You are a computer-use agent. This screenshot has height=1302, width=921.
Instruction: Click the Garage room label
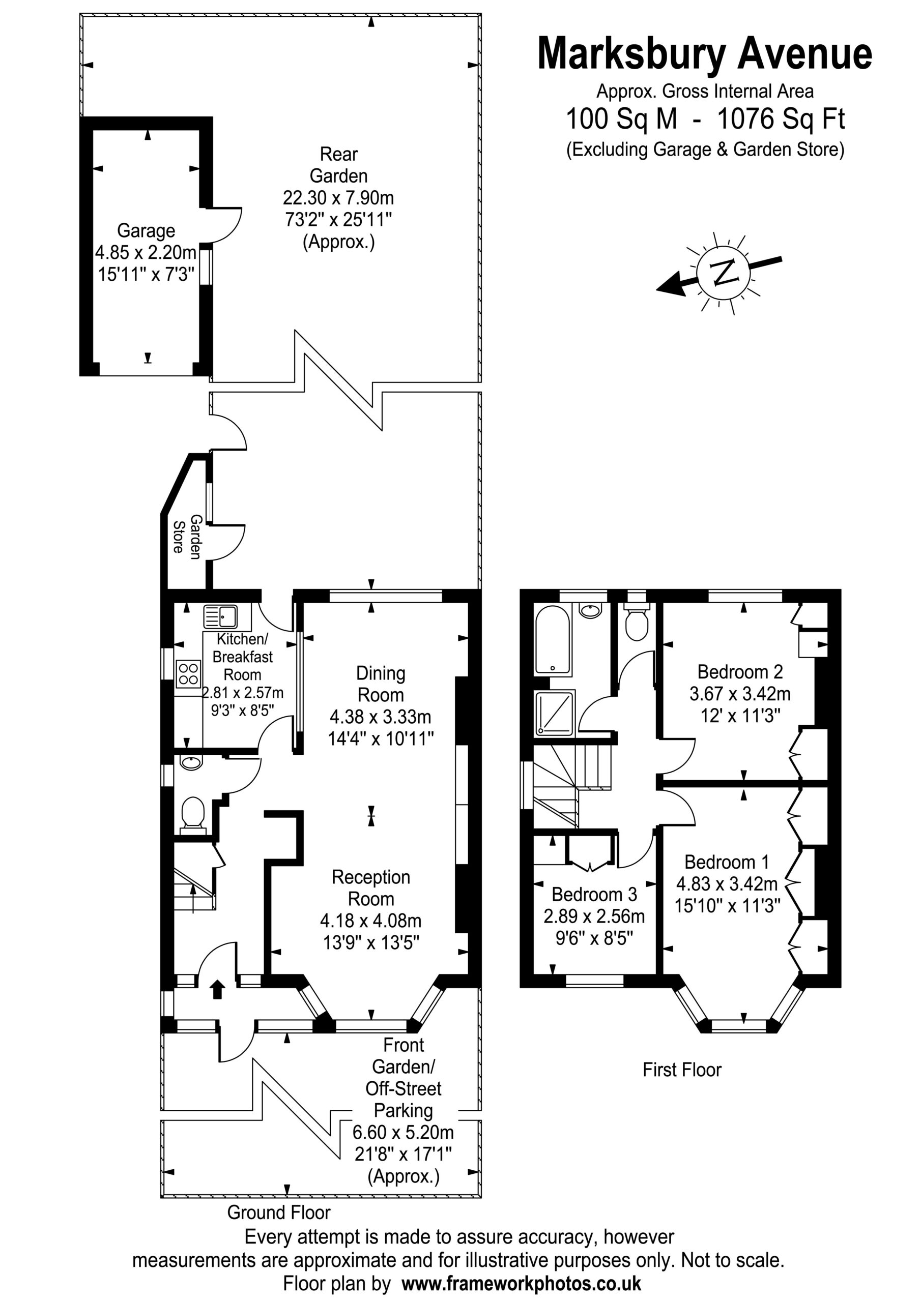146,231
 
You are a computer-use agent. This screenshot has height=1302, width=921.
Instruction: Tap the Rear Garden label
339,165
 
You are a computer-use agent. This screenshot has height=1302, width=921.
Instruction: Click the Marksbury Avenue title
705,54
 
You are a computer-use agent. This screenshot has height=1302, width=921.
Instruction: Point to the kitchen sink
220,617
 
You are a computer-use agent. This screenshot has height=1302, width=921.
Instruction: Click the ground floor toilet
193,815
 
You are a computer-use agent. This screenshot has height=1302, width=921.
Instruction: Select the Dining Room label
380,684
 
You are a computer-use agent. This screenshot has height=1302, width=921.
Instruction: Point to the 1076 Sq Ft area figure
781,119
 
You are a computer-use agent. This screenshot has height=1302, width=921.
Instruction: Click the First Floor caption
681,1070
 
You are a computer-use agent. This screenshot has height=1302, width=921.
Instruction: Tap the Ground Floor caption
279,1212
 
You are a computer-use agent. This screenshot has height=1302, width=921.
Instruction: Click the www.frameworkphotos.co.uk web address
522,1283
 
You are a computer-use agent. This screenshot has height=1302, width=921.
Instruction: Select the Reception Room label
371,887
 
